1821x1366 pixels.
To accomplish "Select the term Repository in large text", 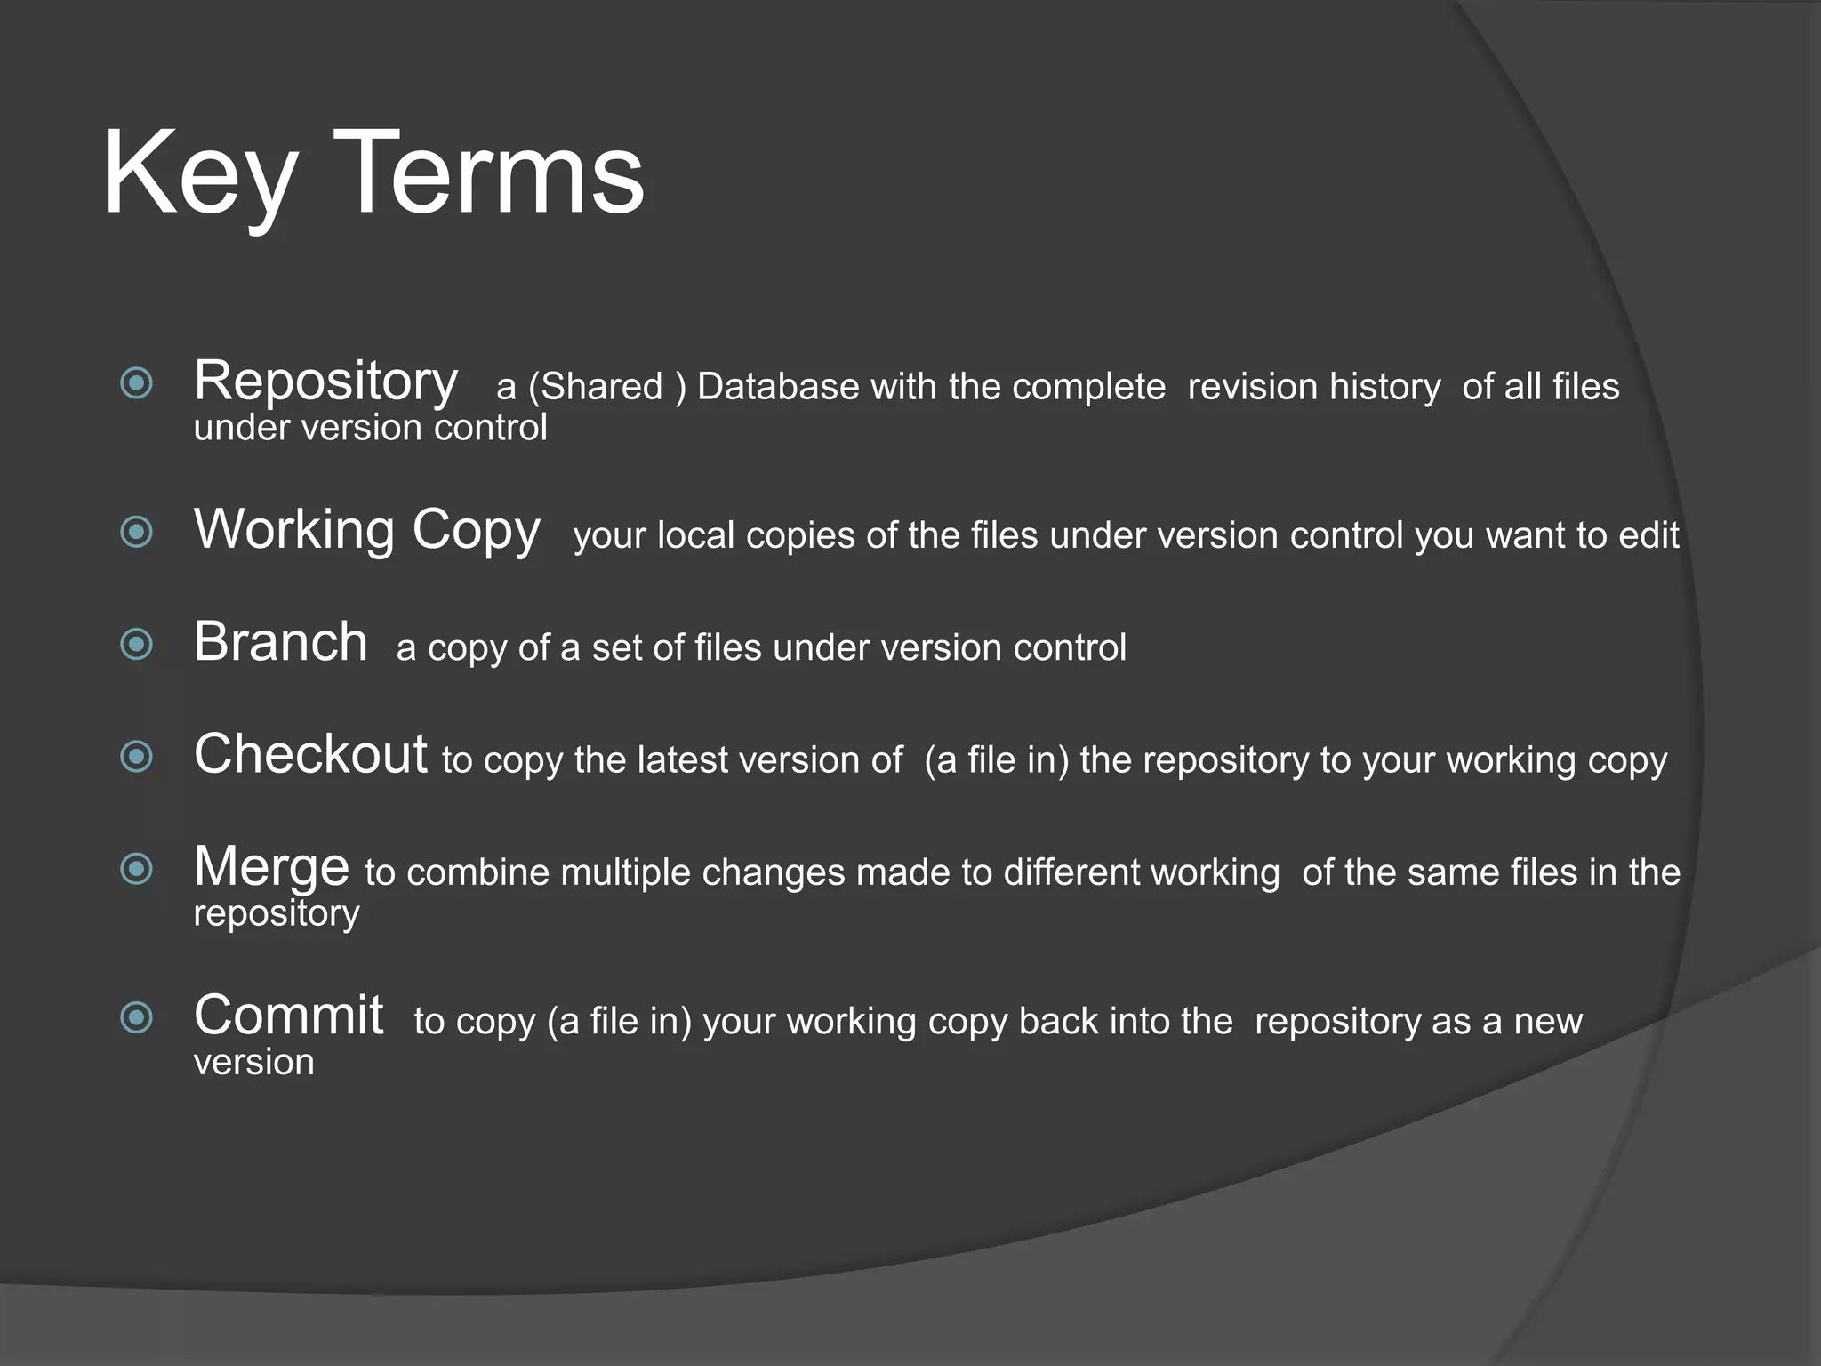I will click(x=325, y=382).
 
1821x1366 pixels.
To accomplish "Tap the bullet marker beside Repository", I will click(x=137, y=383).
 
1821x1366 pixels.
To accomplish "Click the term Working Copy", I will click(x=366, y=531).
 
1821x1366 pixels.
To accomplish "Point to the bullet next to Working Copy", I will click(x=137, y=532).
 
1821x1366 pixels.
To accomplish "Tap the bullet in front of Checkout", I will click(x=137, y=757).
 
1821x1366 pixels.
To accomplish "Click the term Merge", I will click(x=271, y=867).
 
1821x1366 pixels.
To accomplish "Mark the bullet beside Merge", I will click(x=137, y=869).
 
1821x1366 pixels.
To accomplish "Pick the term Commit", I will click(x=288, y=1016).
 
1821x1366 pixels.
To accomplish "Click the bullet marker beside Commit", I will click(x=137, y=1017).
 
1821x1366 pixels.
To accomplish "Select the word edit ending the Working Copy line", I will click(x=1649, y=535).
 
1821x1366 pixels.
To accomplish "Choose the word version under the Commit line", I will click(x=254, y=1063).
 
